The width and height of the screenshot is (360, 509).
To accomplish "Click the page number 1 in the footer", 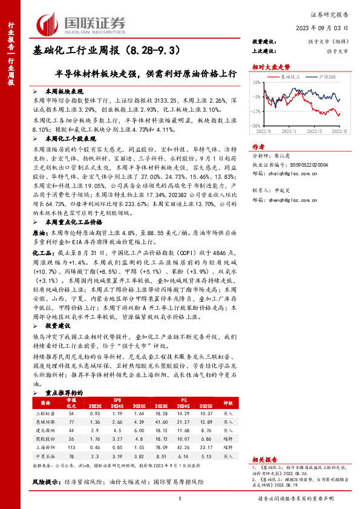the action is pyautogui.click(x=180, y=499).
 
